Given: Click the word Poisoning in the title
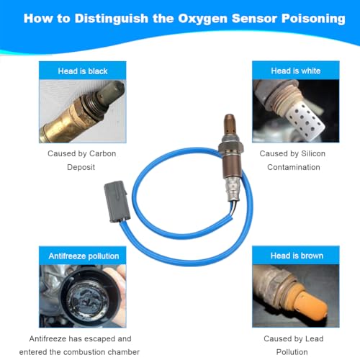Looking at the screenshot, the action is point(313,19).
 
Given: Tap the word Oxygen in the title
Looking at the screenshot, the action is point(202,19).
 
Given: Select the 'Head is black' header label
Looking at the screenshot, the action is point(83,71).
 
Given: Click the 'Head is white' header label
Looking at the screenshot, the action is point(296,71).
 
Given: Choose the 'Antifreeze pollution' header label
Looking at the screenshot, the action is point(84,256).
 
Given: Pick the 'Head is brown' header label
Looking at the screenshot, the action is point(297,256).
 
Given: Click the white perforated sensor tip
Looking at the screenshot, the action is point(305,121).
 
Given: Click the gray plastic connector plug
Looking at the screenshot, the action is point(117,202).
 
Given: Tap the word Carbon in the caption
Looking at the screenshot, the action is point(102,153).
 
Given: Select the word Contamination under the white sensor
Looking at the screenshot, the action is point(294,167).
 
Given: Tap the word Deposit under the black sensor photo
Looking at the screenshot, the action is point(81,167).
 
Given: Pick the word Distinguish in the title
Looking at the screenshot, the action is point(112,19).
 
